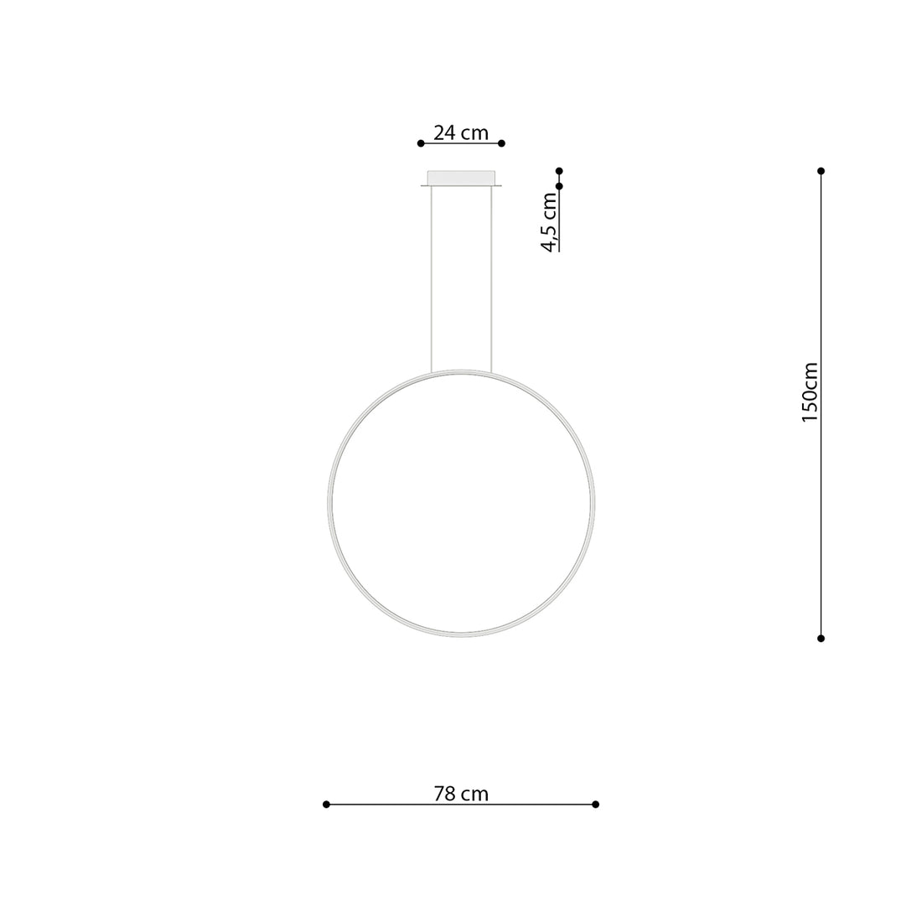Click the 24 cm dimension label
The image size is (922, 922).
coord(461,132)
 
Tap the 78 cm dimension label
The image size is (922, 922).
coord(461,793)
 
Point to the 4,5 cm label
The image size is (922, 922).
coord(549,222)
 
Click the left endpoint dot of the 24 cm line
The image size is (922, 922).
coord(421,143)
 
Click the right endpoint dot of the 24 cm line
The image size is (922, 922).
coord(501,143)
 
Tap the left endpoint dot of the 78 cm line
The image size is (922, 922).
coord(326,804)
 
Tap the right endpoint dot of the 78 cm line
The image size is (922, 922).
coord(595,804)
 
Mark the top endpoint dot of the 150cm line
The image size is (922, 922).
coord(821,171)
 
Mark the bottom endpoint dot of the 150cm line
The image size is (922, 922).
coord(821,638)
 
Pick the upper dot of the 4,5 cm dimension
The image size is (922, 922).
coord(559,171)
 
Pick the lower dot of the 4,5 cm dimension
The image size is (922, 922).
coord(559,186)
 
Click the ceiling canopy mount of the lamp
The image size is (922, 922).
coord(461,179)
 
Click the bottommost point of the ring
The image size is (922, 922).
coord(461,633)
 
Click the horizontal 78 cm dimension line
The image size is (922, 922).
coord(377,804)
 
